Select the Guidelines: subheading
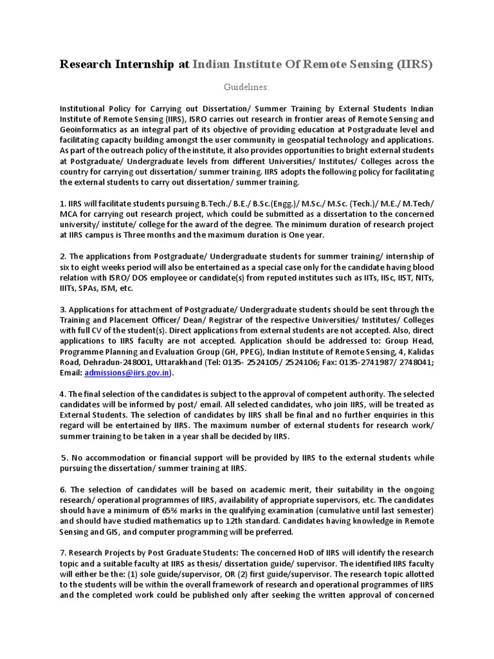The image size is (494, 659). (x=246, y=87)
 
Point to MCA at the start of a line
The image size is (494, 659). (x=69, y=214)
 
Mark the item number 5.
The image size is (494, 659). (x=64, y=458)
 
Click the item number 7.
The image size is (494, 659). (x=62, y=553)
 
